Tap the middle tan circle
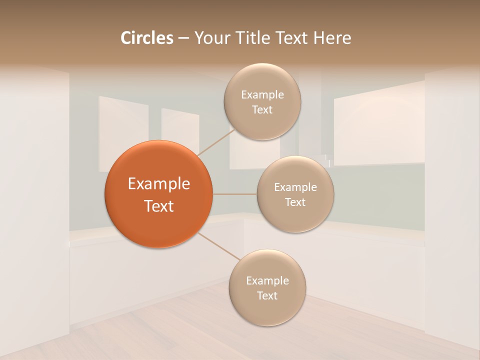(295, 217)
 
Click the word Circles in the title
(146, 38)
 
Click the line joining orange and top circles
(213, 142)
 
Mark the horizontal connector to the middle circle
(234, 193)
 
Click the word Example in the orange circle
(158, 184)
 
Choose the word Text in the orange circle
(158, 206)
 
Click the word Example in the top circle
(262, 95)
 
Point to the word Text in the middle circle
(295, 202)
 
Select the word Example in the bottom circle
(267, 280)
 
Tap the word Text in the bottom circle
(267, 295)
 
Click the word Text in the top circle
(262, 109)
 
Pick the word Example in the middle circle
(295, 187)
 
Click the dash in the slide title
(183, 38)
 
